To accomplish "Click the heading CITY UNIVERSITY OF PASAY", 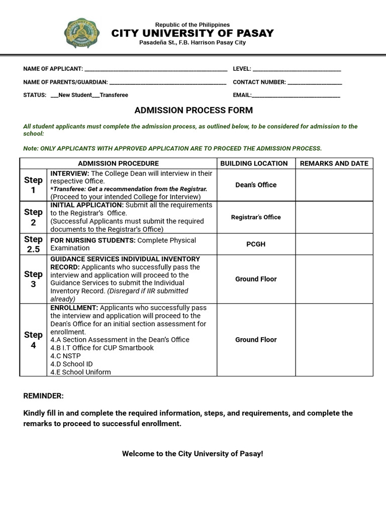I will coord(192,34).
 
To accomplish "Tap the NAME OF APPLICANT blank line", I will coord(155,69).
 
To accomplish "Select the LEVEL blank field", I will coord(297,69).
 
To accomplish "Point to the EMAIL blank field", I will coord(296,95).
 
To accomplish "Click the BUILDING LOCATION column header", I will coord(254,164).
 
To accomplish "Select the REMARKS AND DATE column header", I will coord(334,164).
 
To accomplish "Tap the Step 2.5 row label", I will coord(33,244).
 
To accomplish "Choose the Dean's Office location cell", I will coord(256,185).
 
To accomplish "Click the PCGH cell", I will coord(256,244).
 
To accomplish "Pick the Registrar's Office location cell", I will coord(256,217).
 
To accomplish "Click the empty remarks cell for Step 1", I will coord(334,185).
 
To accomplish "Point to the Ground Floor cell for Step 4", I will coord(256,340).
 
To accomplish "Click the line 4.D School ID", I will coord(71,364).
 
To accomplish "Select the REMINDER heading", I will coord(44,396).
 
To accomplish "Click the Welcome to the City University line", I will coord(192,454).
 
